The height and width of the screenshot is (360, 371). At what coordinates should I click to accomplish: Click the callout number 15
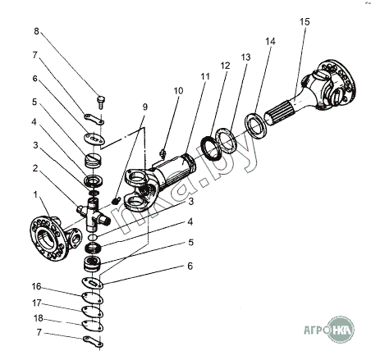[305, 21]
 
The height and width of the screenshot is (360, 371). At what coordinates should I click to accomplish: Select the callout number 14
[270, 41]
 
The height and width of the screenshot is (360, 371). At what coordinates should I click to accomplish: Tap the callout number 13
[245, 57]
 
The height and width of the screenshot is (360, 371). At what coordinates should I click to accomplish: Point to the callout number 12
[225, 66]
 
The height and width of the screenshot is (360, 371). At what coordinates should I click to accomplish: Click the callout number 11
[205, 76]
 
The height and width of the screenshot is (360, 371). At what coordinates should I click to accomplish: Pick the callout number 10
[178, 91]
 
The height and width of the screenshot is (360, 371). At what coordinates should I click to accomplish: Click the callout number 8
[36, 31]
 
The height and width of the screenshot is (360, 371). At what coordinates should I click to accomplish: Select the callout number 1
[35, 195]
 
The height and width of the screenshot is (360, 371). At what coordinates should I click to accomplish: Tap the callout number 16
[36, 286]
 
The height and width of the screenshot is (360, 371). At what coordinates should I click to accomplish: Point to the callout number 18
[39, 318]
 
